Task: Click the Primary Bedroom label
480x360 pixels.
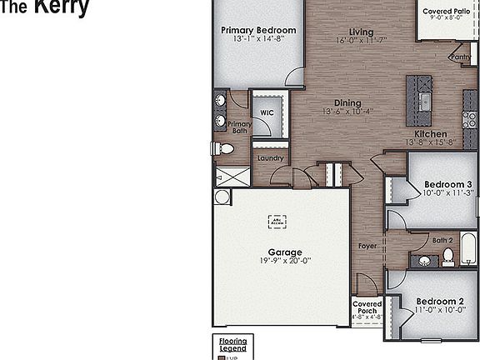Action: click(x=258, y=30)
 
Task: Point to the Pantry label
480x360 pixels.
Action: click(x=460, y=57)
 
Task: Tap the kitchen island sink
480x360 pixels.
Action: click(x=423, y=102)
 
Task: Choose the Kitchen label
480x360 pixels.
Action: click(x=431, y=133)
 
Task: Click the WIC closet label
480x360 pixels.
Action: click(x=267, y=112)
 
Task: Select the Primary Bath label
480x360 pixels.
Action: click(x=240, y=127)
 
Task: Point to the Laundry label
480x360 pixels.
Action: click(x=271, y=158)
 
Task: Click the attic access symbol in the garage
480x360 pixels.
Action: click(x=277, y=221)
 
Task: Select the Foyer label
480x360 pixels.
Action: click(x=367, y=246)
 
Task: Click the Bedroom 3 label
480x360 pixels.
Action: click(x=448, y=184)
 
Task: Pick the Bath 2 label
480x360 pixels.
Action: click(x=442, y=241)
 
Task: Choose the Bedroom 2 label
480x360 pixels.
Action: click(x=440, y=301)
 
